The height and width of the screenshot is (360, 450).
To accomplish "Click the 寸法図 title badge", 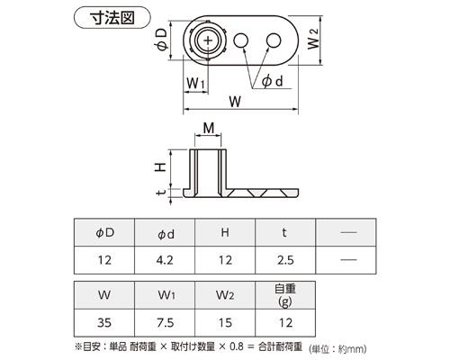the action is (x=112, y=18).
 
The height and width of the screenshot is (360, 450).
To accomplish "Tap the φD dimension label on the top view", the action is (x=162, y=39).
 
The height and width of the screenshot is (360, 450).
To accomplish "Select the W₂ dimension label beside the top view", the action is (x=314, y=39).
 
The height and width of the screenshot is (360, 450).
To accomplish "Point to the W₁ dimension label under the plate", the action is (x=195, y=83).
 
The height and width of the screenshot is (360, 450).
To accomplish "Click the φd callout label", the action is (x=273, y=81).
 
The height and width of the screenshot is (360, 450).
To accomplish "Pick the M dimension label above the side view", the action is (x=209, y=129).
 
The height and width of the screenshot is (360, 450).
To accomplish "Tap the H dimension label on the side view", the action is (x=161, y=166).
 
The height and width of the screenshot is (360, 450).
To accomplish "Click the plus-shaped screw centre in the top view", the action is (x=208, y=40).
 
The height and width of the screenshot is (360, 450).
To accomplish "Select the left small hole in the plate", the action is (x=241, y=40).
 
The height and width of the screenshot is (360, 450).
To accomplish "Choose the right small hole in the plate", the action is (x=274, y=40).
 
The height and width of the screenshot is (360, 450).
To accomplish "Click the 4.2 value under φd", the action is (x=165, y=260).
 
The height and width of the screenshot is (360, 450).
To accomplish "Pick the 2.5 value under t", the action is (x=285, y=260).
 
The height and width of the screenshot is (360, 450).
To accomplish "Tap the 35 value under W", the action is (x=104, y=323).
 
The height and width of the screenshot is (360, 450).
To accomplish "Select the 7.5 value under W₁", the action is (x=166, y=323).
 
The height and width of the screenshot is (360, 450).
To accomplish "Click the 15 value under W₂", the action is (x=225, y=323).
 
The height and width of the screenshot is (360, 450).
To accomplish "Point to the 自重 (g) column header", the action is (x=285, y=295).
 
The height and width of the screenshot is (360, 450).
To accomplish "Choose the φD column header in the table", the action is (x=105, y=233).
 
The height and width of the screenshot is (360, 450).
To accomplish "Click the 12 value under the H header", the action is (x=225, y=260).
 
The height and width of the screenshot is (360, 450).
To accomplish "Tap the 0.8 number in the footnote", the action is (x=237, y=346).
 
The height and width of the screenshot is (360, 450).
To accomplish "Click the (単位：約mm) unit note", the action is (x=337, y=349).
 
